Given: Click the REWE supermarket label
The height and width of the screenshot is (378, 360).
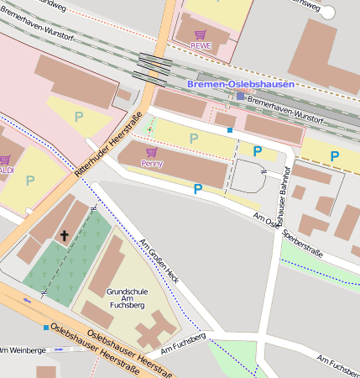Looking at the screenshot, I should pyautogui.click(x=201, y=45).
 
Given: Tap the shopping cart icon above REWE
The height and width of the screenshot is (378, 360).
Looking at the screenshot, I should pyautogui.click(x=201, y=34).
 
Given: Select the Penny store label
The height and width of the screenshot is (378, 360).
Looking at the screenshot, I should pyautogui.click(x=152, y=163).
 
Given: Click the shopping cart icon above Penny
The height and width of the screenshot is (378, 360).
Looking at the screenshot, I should pyautogui.click(x=151, y=153).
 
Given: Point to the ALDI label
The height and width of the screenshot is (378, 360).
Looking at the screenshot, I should pyautogui.click(x=6, y=170).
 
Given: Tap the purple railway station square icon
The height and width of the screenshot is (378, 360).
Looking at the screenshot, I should pyautogui.click(x=240, y=96).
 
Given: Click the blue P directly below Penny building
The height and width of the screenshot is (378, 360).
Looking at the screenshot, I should pyautogui.click(x=198, y=189).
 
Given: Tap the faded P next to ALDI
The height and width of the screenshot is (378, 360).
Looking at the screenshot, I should pyautogui.click(x=30, y=180).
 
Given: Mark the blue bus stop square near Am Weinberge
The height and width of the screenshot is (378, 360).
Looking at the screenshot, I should pyautogui.click(x=45, y=327).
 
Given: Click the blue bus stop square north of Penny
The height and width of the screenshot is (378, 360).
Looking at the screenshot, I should pyautogui.click(x=230, y=130).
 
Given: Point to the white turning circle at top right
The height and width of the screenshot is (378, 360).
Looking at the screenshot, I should pyautogui.click(x=328, y=12).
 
